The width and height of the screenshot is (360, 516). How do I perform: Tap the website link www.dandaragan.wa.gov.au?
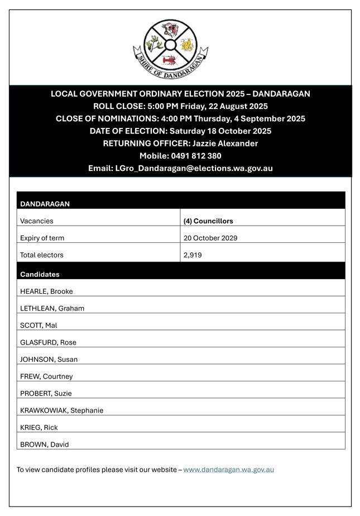(228, 470)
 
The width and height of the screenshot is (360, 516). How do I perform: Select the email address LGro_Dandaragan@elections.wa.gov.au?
(194, 168)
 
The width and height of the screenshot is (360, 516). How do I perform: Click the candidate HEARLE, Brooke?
(46, 291)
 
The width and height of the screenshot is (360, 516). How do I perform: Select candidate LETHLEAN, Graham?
(52, 308)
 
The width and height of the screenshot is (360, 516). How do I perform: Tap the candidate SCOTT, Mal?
(39, 325)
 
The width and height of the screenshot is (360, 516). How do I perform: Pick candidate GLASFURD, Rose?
(48, 342)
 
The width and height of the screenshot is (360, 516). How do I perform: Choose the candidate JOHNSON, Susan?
(49, 359)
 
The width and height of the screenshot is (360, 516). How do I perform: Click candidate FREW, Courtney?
(46, 376)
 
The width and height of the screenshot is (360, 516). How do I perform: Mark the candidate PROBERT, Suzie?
(46, 393)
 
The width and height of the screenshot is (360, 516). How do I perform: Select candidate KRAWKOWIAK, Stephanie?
(61, 410)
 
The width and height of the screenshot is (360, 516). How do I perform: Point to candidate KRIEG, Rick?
(39, 427)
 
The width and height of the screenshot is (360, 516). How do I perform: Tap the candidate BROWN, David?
(44, 445)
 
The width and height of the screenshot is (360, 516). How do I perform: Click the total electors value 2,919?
(193, 255)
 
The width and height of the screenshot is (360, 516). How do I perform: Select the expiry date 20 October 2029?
(210, 238)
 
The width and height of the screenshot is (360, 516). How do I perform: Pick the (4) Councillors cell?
(208, 221)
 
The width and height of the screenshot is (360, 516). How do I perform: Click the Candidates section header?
(40, 274)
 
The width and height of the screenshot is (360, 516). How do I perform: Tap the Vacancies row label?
(37, 221)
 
